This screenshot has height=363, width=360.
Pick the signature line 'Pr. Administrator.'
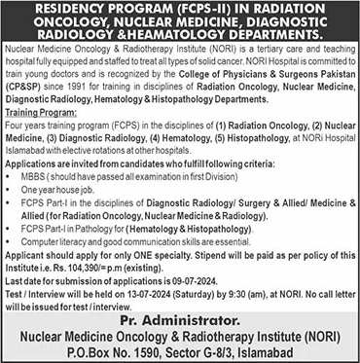(x=179, y=320)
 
